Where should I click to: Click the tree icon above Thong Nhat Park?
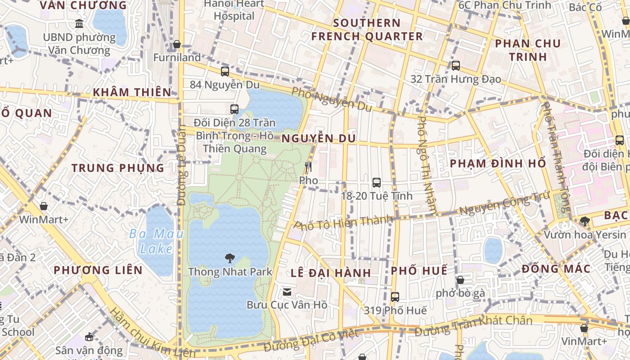(230, 258)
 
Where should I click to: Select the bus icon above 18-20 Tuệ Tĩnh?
(377, 183)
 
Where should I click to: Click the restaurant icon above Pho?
(308, 167)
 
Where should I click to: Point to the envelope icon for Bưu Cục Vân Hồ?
(287, 292)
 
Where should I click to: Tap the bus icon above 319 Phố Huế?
(395, 297)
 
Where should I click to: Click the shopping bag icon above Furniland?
(177, 45)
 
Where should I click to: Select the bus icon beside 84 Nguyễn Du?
(225, 71)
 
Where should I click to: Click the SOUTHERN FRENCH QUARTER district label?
(367, 30)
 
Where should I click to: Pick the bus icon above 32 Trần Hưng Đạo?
(455, 66)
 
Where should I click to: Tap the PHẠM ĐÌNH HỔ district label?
(498, 163)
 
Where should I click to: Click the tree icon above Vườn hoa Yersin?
(585, 221)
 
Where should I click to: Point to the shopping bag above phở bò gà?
(460, 280)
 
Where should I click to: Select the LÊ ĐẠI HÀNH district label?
(331, 273)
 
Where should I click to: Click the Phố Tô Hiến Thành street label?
(343, 223)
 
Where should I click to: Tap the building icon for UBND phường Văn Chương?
(80, 24)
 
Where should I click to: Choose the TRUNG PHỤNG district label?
(118, 168)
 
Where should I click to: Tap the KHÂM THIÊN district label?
(132, 92)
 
